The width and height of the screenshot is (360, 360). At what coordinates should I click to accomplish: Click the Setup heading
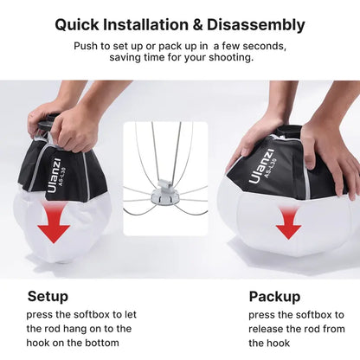tap(48, 296)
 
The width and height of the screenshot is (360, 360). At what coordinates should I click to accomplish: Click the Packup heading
tap(274, 296)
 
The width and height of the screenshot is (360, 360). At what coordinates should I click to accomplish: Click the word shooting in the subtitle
tap(229, 57)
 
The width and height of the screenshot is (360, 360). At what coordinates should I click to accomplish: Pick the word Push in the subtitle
tap(86, 45)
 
